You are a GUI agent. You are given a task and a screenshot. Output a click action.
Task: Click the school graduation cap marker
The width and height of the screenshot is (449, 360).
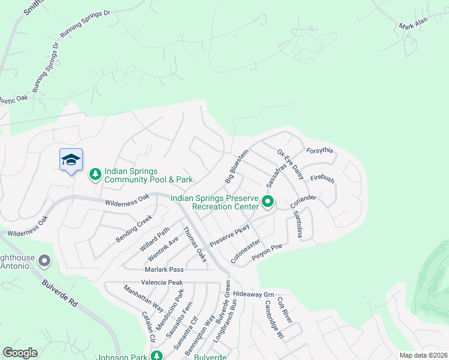click(71, 160)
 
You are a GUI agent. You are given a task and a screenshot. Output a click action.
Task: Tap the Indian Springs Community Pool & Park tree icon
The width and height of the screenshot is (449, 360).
click(95, 174)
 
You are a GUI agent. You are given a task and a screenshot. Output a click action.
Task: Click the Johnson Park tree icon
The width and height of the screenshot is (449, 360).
click(157, 356)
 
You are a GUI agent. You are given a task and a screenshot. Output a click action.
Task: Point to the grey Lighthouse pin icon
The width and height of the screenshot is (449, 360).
click(44, 261)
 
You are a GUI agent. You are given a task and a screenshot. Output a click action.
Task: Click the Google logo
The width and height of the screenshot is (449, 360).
click(20, 353)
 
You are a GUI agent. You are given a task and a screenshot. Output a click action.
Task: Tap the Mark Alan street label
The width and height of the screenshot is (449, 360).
click(414, 26)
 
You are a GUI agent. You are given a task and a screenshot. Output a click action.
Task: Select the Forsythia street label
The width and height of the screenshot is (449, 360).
click(319, 150)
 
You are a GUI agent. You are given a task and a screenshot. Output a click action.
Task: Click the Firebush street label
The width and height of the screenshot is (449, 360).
click(322, 179)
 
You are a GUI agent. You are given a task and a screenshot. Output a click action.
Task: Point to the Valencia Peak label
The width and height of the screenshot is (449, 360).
click(161, 282)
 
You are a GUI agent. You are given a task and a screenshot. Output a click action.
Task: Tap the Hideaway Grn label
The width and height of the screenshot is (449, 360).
click(253, 295)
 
